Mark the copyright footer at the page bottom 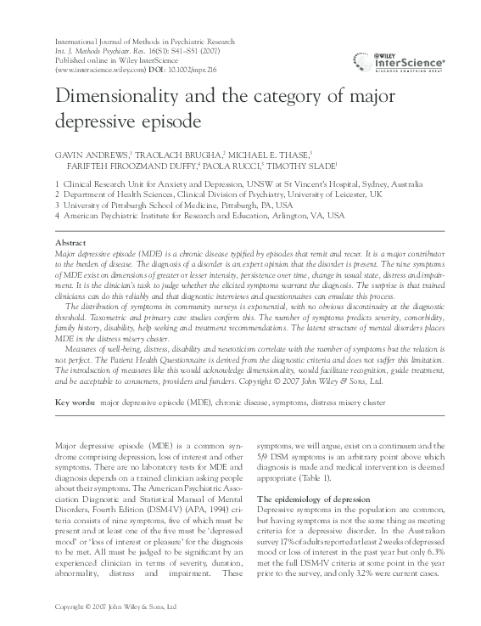(x=114, y=607)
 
